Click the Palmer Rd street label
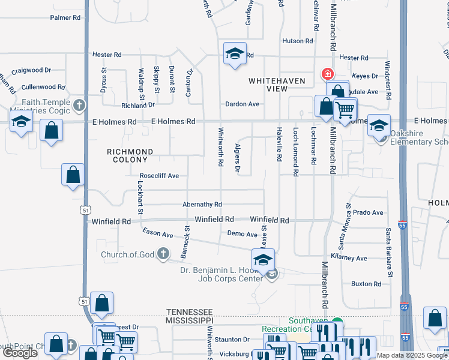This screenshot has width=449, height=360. (x=65, y=18)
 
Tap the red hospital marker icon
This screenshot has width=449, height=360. (x=327, y=74)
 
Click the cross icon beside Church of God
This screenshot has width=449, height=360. (x=163, y=254)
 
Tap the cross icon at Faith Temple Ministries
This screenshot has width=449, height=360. (x=79, y=106)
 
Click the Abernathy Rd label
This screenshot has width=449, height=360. (x=202, y=205)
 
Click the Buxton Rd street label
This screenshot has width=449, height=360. (x=366, y=284)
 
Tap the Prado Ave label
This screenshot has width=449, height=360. (x=368, y=212)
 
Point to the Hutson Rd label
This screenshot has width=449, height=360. (x=298, y=41)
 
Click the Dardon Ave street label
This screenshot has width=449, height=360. (x=242, y=104)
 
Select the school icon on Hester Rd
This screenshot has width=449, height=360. (x=235, y=53)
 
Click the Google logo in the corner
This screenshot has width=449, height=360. (x=20, y=353)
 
